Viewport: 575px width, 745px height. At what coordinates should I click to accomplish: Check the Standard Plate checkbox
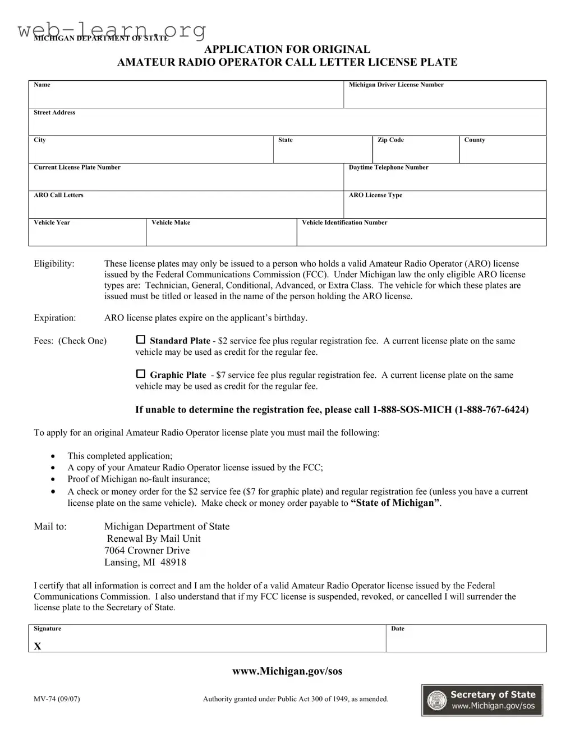click(x=141, y=340)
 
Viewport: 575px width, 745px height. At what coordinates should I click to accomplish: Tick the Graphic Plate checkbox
click(x=141, y=374)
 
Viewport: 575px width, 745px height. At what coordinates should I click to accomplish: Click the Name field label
click(x=42, y=85)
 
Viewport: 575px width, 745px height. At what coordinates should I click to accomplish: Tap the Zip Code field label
click(x=390, y=140)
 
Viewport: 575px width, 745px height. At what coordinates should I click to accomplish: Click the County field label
click(x=475, y=140)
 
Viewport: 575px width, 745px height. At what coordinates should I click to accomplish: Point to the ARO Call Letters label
click(x=58, y=195)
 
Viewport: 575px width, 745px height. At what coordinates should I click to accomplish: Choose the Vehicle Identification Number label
click(x=344, y=222)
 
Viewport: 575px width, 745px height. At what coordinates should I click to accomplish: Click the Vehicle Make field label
click(x=171, y=222)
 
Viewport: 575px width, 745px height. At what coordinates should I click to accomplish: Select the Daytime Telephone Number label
click(x=388, y=167)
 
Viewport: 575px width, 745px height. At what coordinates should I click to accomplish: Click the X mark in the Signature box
click(x=38, y=646)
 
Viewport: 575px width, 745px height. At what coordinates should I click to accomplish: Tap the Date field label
click(x=398, y=628)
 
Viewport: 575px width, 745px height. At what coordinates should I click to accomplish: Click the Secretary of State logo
click(x=482, y=700)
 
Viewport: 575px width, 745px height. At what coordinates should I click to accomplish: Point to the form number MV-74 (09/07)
click(x=57, y=699)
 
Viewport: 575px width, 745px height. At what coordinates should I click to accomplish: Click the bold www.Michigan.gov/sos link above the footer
click(x=287, y=671)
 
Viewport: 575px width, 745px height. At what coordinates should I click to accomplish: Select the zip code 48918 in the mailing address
click(x=173, y=562)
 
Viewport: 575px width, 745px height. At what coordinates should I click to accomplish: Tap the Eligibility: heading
click(x=54, y=263)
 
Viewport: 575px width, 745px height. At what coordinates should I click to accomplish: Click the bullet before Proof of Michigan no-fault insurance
click(x=53, y=479)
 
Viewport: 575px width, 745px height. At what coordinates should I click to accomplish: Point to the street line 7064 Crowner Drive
click(x=147, y=550)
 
